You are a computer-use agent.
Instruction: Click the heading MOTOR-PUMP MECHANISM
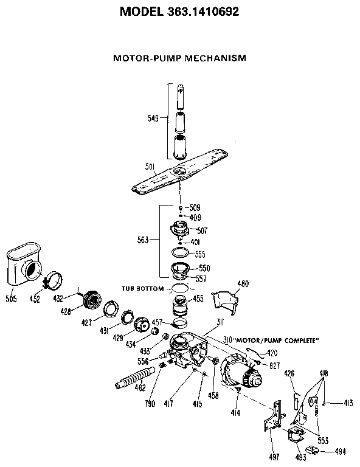(x=179, y=59)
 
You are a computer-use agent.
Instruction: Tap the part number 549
(x=153, y=119)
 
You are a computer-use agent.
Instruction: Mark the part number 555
(x=198, y=255)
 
